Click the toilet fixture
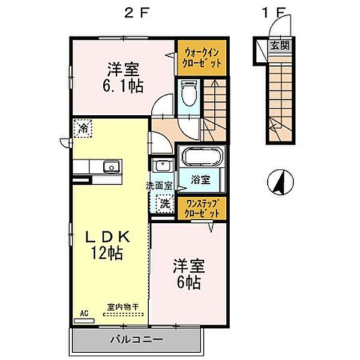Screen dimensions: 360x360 pos(190,92)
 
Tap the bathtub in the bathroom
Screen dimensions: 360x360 pos(202,156)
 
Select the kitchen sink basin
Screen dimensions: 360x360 pos(112,166)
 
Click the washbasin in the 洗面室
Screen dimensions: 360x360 pos(163,166)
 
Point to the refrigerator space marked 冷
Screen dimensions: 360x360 pos(83,128)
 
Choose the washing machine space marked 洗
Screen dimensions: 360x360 pos(164,204)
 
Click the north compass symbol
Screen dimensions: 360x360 pos(280,182)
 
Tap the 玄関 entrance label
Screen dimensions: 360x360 pos(280,46)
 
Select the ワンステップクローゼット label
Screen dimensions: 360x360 pos(202,208)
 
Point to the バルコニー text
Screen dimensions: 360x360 pos(137,340)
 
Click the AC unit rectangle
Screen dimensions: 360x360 pos(84,321)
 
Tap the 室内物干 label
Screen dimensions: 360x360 pos(123,307)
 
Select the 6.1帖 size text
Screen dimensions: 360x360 pos(123,86)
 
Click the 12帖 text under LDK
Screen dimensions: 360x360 pos(107,253)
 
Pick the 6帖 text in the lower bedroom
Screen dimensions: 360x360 pos(189,283)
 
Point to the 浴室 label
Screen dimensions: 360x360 pos(200,180)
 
